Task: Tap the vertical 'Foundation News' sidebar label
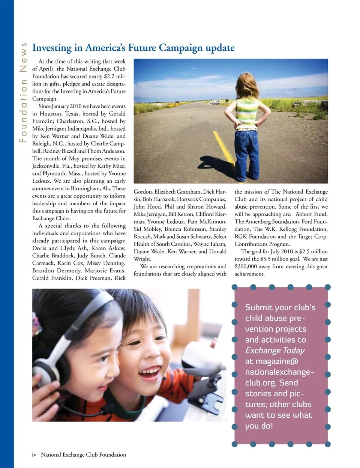[24, 92]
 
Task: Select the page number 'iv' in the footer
[34, 455]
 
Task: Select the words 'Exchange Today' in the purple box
[275, 351]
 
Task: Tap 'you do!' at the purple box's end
[259, 426]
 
